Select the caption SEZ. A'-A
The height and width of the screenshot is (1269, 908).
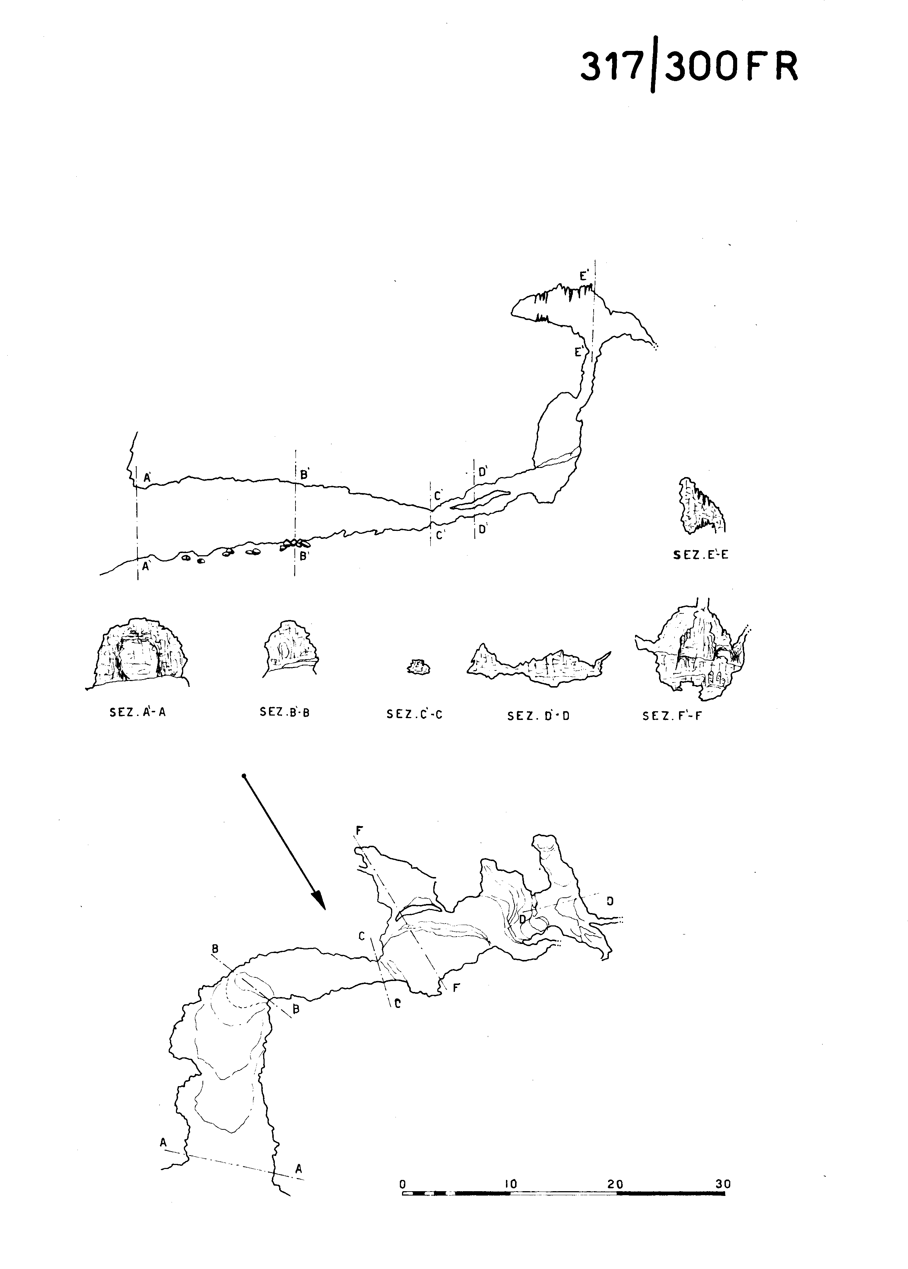[x=137, y=713]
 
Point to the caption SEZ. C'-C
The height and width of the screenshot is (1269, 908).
[x=414, y=714]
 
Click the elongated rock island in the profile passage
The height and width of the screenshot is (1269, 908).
[x=480, y=500]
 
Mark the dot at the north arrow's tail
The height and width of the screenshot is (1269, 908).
[x=244, y=776]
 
